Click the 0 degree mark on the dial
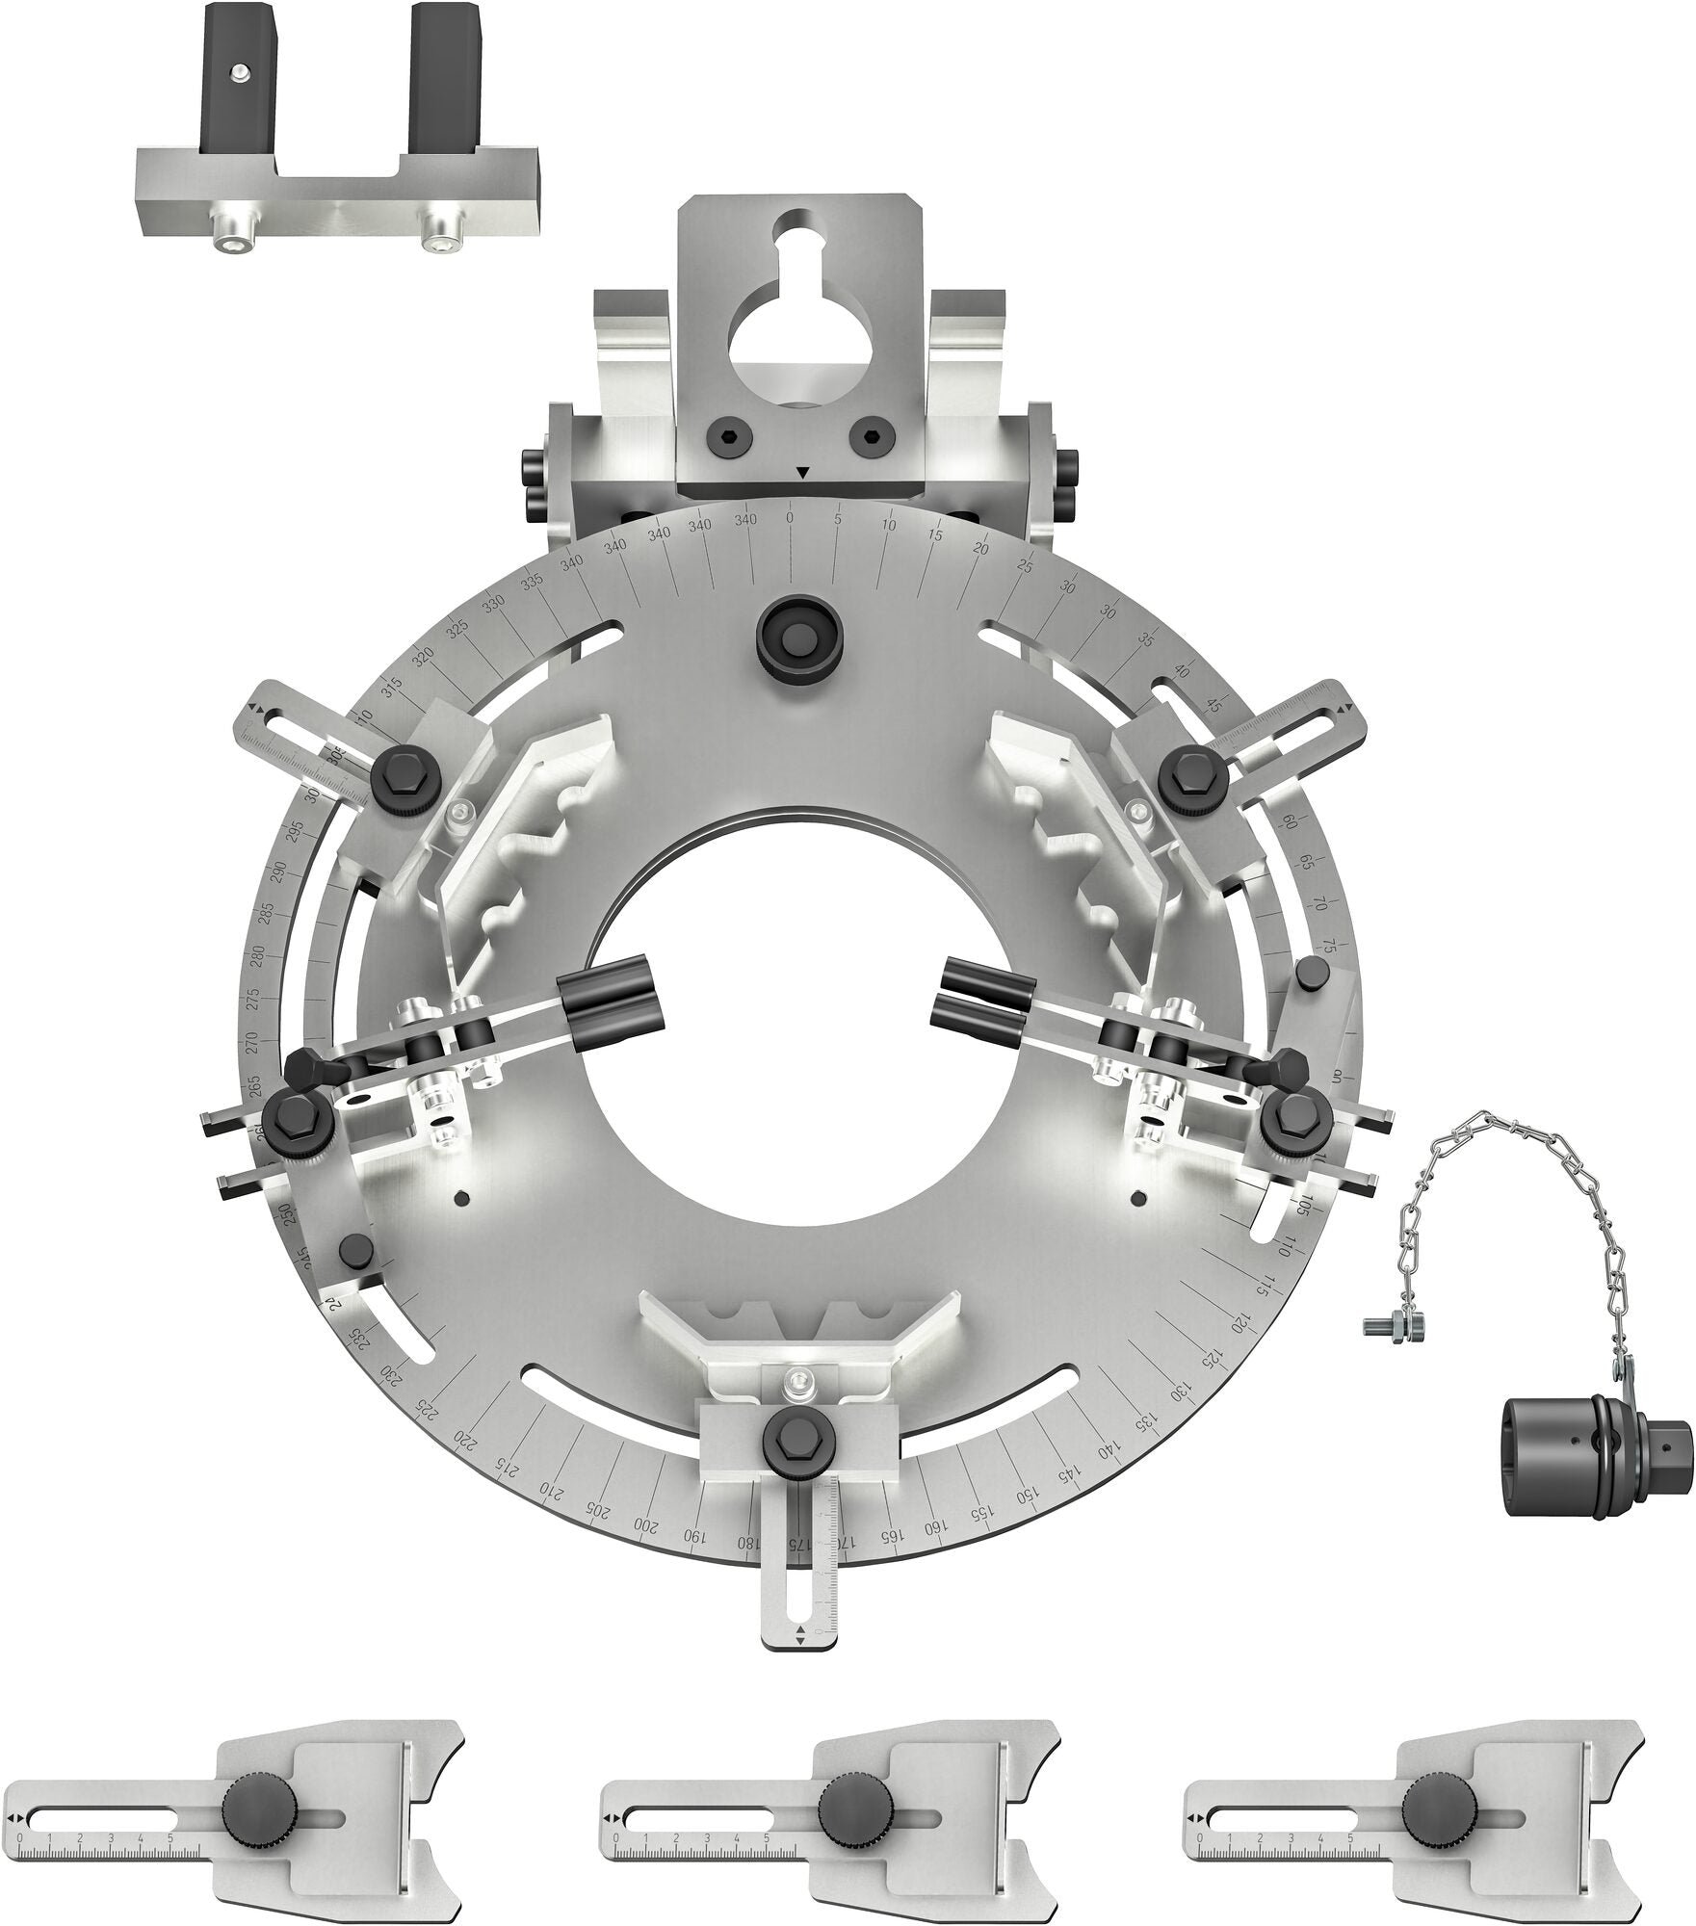(790, 518)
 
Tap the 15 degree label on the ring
(935, 535)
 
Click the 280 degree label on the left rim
(257, 955)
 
